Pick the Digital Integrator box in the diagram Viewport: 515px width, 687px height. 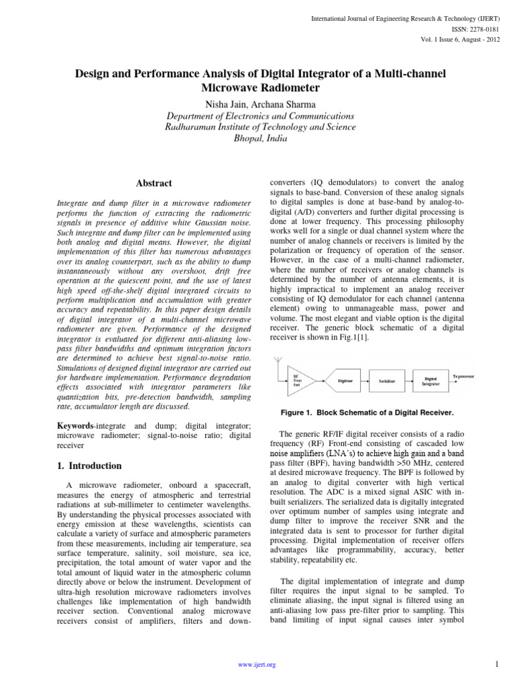(431, 379)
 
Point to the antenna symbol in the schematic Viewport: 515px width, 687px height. (278, 365)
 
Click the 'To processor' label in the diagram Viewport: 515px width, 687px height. (463, 376)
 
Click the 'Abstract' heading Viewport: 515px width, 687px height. (154, 183)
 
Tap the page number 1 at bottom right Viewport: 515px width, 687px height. (497, 664)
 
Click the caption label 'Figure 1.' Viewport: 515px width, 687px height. (299, 411)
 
